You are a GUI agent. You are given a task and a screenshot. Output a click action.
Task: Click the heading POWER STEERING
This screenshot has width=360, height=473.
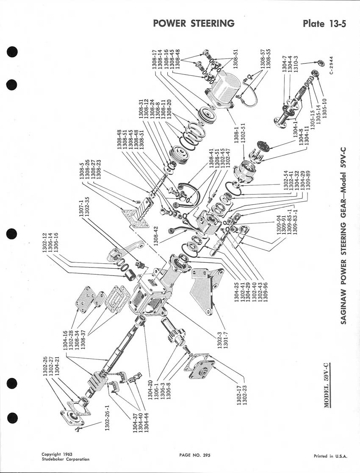pyautogui.click(x=194, y=23)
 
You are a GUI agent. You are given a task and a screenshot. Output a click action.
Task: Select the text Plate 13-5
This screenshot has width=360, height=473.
pyautogui.click(x=324, y=23)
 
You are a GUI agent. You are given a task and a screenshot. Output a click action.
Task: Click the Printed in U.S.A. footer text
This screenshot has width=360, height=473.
pyautogui.click(x=330, y=456)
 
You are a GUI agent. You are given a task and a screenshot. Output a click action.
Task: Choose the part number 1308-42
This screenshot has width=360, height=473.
pyautogui.click(x=156, y=234)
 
